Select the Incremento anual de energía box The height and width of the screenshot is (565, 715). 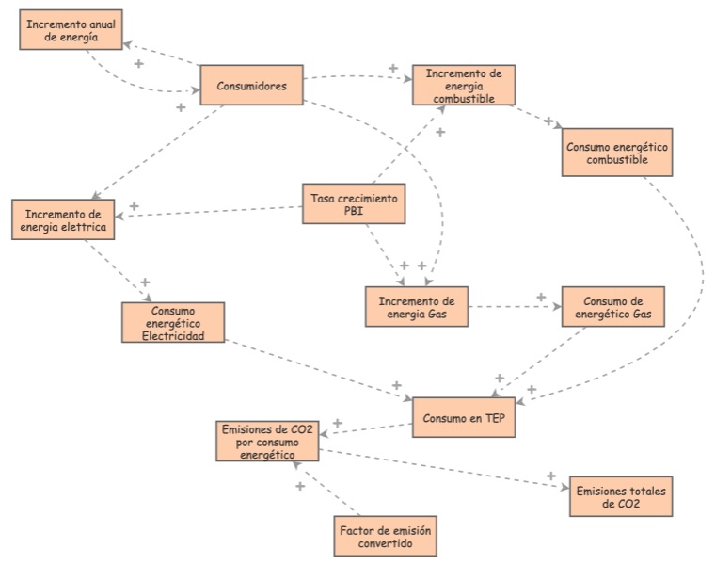(72, 30)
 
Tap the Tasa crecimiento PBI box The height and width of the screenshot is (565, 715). (354, 203)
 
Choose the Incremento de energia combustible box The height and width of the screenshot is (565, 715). (464, 86)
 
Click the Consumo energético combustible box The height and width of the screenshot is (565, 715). (617, 153)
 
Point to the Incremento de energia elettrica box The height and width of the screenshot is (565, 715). (63, 219)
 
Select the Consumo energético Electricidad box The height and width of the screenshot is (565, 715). (174, 322)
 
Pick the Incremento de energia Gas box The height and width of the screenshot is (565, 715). (417, 306)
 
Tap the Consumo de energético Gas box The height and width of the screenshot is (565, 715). (612, 306)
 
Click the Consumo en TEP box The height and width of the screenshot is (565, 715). (465, 417)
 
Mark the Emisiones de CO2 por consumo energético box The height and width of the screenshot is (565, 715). (267, 441)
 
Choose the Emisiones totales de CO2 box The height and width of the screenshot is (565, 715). (621, 496)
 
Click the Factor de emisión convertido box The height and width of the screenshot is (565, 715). (386, 538)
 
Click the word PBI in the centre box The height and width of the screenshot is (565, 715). (354, 211)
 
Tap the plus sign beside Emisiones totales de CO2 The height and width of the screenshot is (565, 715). (551, 476)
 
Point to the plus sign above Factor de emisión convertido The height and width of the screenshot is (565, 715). (300, 487)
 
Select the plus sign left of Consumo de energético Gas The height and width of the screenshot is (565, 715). (541, 298)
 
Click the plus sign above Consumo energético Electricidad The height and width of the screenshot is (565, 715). (145, 282)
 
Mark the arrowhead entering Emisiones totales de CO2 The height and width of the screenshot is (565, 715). (564, 488)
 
